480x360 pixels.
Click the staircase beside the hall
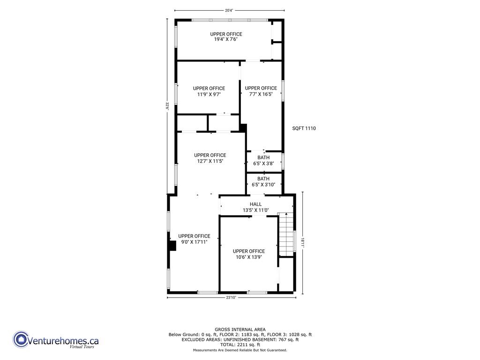tap(285, 234)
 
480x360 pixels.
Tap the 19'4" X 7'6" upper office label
tap(226, 37)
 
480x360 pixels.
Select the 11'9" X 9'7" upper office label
tap(209, 91)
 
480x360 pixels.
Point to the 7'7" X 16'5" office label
tap(261, 91)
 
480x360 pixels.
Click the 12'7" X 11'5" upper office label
tap(210, 158)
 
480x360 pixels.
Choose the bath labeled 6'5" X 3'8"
tap(263, 161)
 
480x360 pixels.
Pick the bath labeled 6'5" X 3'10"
tap(263, 182)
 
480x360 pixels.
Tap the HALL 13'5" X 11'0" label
tap(255, 207)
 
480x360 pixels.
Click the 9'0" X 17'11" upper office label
tap(194, 239)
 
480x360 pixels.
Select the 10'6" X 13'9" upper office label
tap(249, 254)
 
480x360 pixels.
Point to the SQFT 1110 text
tap(304, 128)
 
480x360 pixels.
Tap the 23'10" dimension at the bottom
tap(232, 298)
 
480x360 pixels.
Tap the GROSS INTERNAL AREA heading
tap(240, 330)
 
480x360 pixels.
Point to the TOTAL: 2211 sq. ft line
tap(240, 344)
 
